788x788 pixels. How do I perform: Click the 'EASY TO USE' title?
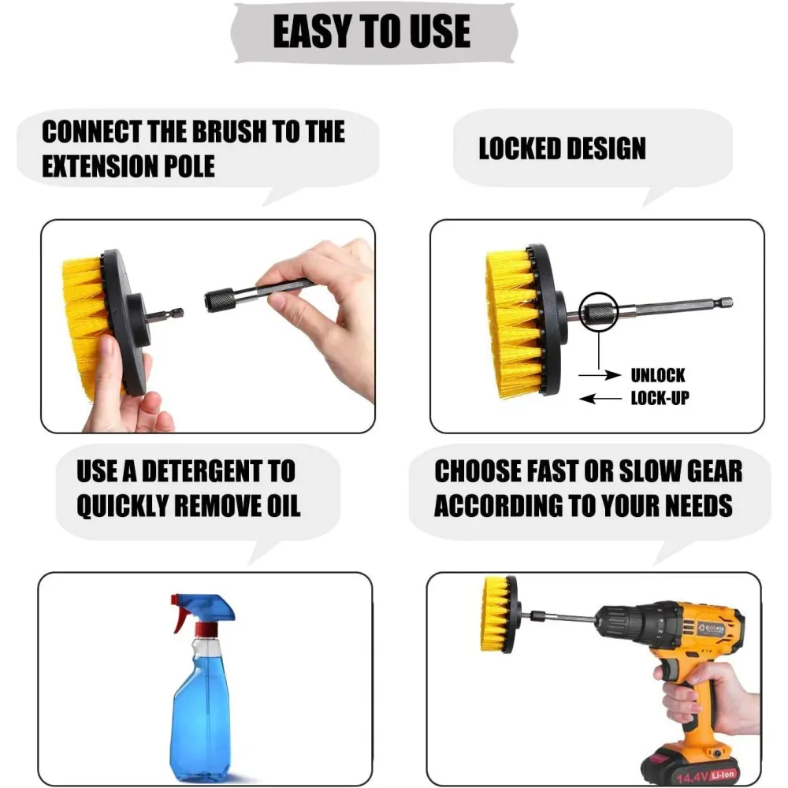coord(371,32)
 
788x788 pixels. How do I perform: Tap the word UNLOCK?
coord(657,375)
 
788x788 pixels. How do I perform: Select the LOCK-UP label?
coord(660,398)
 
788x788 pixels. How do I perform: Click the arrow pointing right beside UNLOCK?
coord(600,375)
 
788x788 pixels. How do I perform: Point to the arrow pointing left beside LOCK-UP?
coord(600,399)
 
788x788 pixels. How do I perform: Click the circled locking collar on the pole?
coord(598,312)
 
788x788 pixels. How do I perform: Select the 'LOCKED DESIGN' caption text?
coord(562,149)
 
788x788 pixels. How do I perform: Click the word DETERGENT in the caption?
coord(202,471)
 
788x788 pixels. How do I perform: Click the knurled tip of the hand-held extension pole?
coord(220,300)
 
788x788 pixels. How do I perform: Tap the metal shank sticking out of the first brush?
coord(166,314)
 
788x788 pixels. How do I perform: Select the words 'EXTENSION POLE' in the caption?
coord(128,166)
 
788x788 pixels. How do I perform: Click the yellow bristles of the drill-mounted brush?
coord(493,613)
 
